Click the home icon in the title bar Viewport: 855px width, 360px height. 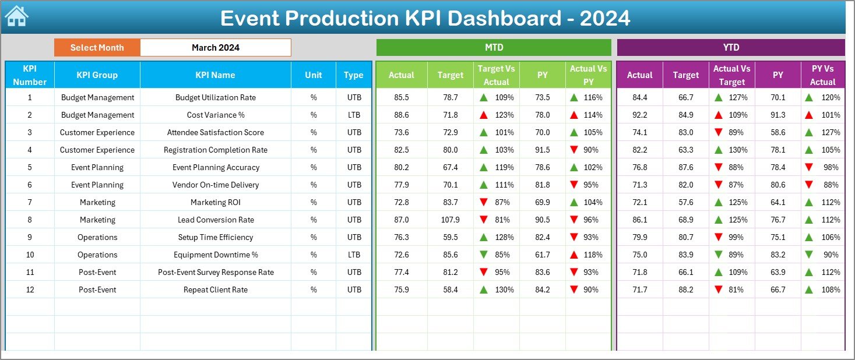(x=16, y=16)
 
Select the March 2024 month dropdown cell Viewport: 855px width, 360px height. (x=215, y=48)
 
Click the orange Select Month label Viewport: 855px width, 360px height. (x=97, y=48)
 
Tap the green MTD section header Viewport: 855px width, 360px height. (x=494, y=48)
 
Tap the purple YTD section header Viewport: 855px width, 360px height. (x=730, y=48)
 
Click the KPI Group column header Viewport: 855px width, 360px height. (x=97, y=75)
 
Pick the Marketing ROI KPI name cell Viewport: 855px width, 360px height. (x=215, y=202)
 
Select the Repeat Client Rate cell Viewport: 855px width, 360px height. (x=215, y=290)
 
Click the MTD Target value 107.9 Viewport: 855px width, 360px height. (x=450, y=220)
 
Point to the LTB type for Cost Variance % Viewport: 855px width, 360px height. (x=354, y=115)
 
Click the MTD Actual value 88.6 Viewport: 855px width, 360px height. (x=402, y=115)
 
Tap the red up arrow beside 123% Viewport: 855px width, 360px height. (x=483, y=115)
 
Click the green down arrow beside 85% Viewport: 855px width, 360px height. (x=483, y=255)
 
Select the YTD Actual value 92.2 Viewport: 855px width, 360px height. (x=639, y=115)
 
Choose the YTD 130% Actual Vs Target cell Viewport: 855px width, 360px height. (x=732, y=150)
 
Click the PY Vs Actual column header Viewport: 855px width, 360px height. (x=822, y=75)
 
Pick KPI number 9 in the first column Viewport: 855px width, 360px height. (x=30, y=237)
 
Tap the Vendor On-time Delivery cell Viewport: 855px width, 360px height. (x=215, y=185)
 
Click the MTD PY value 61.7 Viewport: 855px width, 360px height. (x=543, y=255)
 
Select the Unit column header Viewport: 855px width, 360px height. (x=314, y=75)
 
